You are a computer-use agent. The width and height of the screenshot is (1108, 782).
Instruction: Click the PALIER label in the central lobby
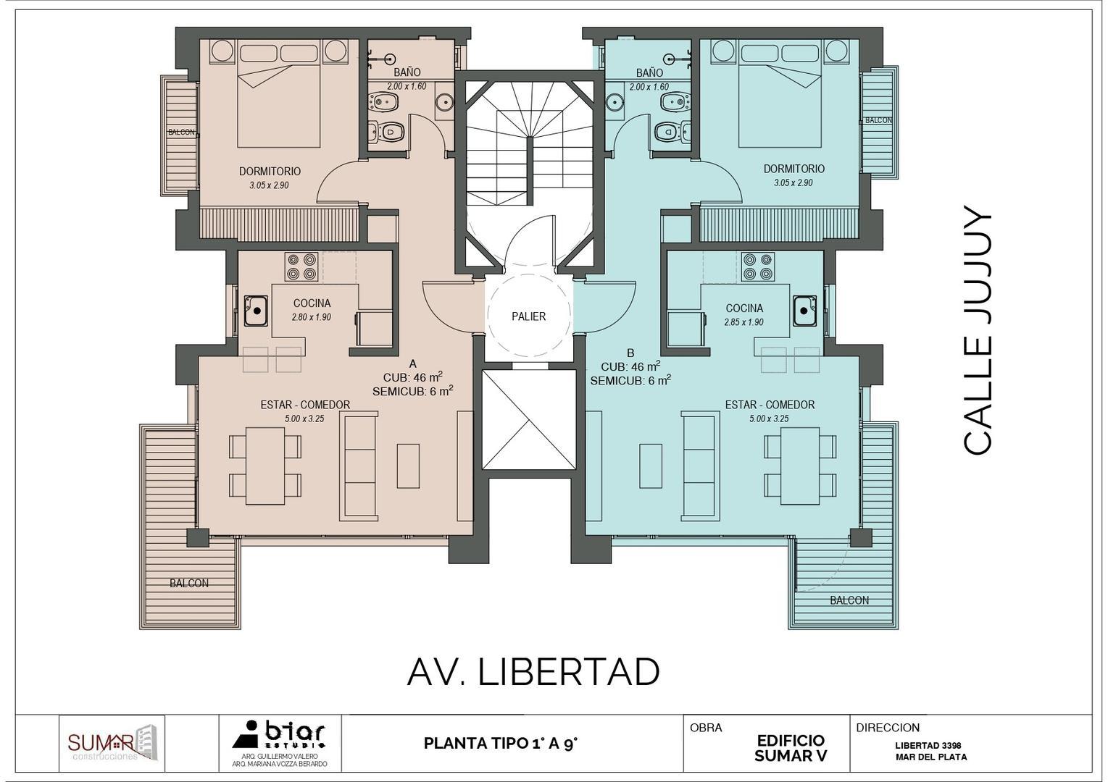528,316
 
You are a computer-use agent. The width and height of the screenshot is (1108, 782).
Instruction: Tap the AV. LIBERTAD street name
533,673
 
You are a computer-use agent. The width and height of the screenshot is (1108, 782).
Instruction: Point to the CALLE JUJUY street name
978,331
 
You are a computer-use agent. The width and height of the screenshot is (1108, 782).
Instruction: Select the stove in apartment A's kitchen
301,266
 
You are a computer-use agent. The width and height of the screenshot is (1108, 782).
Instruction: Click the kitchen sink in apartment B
804,311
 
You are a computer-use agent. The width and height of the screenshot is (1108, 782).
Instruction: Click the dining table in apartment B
800,466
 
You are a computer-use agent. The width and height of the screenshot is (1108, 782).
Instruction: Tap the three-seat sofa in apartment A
359,466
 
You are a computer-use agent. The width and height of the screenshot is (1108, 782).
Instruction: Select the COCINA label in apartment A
312,303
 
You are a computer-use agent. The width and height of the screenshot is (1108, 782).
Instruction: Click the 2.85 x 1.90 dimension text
743,322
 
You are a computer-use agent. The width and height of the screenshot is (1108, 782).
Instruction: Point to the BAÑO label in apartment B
649,72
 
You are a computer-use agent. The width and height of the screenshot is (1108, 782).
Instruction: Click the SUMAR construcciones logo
112,744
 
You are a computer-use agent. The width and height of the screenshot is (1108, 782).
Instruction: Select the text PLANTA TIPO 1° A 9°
500,744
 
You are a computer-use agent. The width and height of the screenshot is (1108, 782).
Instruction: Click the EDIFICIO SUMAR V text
791,748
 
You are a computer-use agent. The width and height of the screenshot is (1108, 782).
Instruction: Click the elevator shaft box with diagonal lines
529,420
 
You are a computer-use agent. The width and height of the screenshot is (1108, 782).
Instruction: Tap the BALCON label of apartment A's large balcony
189,583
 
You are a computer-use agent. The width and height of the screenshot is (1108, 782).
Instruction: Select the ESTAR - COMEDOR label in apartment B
770,405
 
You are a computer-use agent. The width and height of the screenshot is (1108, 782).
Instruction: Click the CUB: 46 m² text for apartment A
412,377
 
